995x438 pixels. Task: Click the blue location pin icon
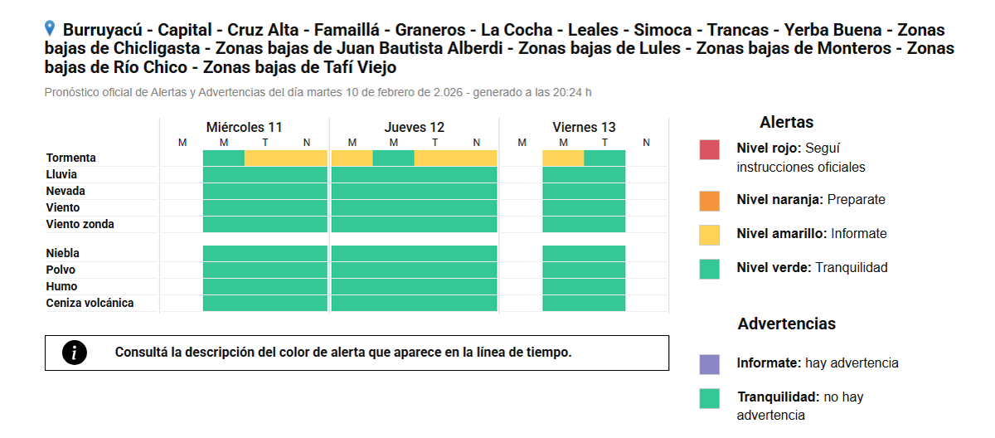pyautogui.click(x=51, y=29)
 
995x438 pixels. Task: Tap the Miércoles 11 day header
pyautogui.click(x=244, y=127)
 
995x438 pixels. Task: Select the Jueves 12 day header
pyautogui.click(x=414, y=127)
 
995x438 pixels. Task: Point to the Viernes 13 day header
pyautogui.click(x=584, y=127)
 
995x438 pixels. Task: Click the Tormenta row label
pyautogui.click(x=71, y=158)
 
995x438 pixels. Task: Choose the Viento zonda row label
pyautogui.click(x=80, y=224)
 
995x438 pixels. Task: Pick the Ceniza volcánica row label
pyautogui.click(x=90, y=303)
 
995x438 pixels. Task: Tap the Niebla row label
pyautogui.click(x=63, y=253)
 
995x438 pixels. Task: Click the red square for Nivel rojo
pyautogui.click(x=709, y=149)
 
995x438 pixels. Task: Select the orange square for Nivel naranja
pyautogui.click(x=709, y=201)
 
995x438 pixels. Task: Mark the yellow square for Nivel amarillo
pyautogui.click(x=709, y=235)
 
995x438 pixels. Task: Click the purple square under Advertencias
pyautogui.click(x=709, y=364)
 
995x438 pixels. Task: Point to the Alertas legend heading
pyautogui.click(x=786, y=122)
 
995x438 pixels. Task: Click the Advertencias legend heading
pyautogui.click(x=786, y=324)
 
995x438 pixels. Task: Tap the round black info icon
pyautogui.click(x=75, y=353)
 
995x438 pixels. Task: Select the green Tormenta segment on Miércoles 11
pyautogui.click(x=224, y=158)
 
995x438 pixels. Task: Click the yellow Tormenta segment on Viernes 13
pyautogui.click(x=563, y=158)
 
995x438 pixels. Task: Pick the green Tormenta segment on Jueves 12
pyautogui.click(x=393, y=158)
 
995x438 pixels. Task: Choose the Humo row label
pyautogui.click(x=61, y=286)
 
